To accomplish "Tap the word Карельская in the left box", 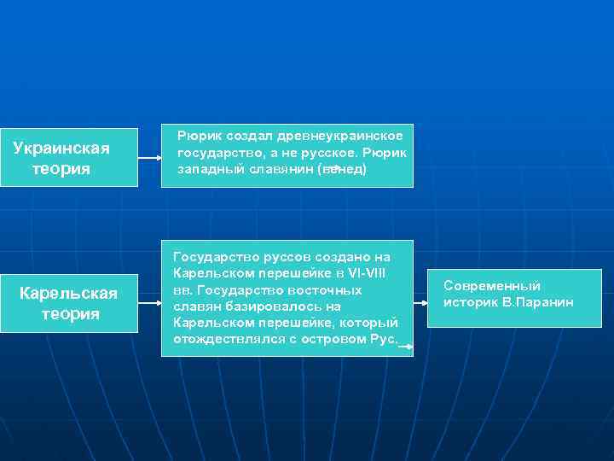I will [x=68, y=294].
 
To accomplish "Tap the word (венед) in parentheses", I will [x=342, y=169].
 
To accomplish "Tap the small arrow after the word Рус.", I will [x=406, y=347].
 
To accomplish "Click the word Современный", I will [x=492, y=286].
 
